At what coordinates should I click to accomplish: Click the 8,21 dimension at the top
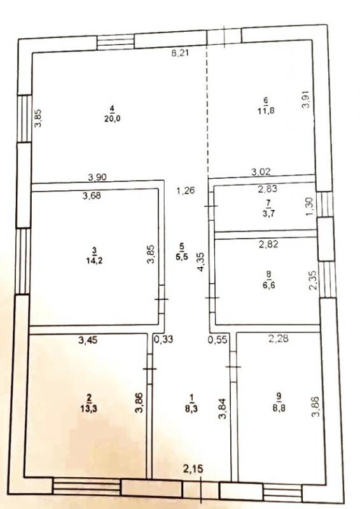180,53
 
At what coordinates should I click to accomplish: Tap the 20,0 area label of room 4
113,118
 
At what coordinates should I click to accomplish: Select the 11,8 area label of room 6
267,110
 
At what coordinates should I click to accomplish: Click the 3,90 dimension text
97,178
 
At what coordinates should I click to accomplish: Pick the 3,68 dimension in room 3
92,195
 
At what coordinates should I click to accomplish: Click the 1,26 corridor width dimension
186,190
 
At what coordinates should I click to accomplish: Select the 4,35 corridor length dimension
201,262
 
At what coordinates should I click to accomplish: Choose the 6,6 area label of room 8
269,286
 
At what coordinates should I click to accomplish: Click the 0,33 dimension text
163,340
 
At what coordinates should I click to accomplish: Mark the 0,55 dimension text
218,340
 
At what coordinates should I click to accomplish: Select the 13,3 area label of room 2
88,408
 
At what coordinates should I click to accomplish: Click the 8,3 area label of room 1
191,408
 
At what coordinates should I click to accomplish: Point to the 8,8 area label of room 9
279,408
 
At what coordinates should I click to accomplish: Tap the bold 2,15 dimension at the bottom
193,468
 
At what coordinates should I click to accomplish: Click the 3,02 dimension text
261,172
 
